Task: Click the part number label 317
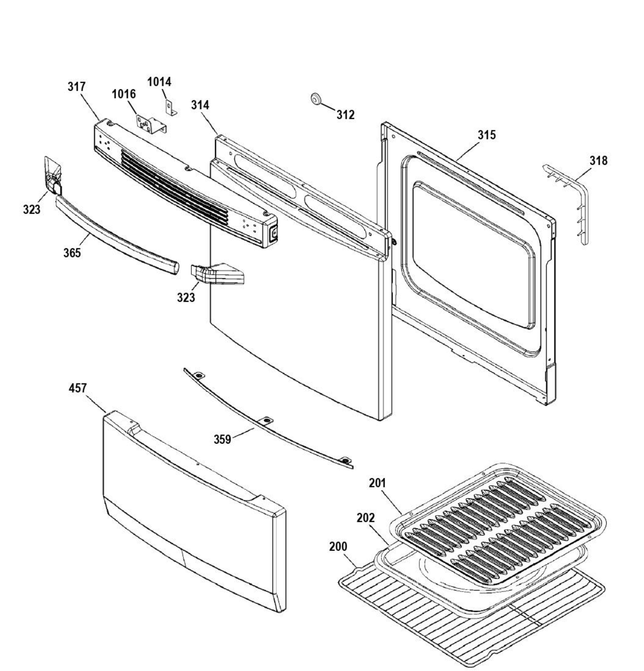[x=76, y=87]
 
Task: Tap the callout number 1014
[x=159, y=82]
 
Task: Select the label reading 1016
[x=124, y=94]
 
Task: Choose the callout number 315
[x=486, y=135]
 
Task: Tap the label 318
[x=598, y=160]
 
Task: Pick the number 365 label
[x=72, y=253]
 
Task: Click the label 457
[x=78, y=389]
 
